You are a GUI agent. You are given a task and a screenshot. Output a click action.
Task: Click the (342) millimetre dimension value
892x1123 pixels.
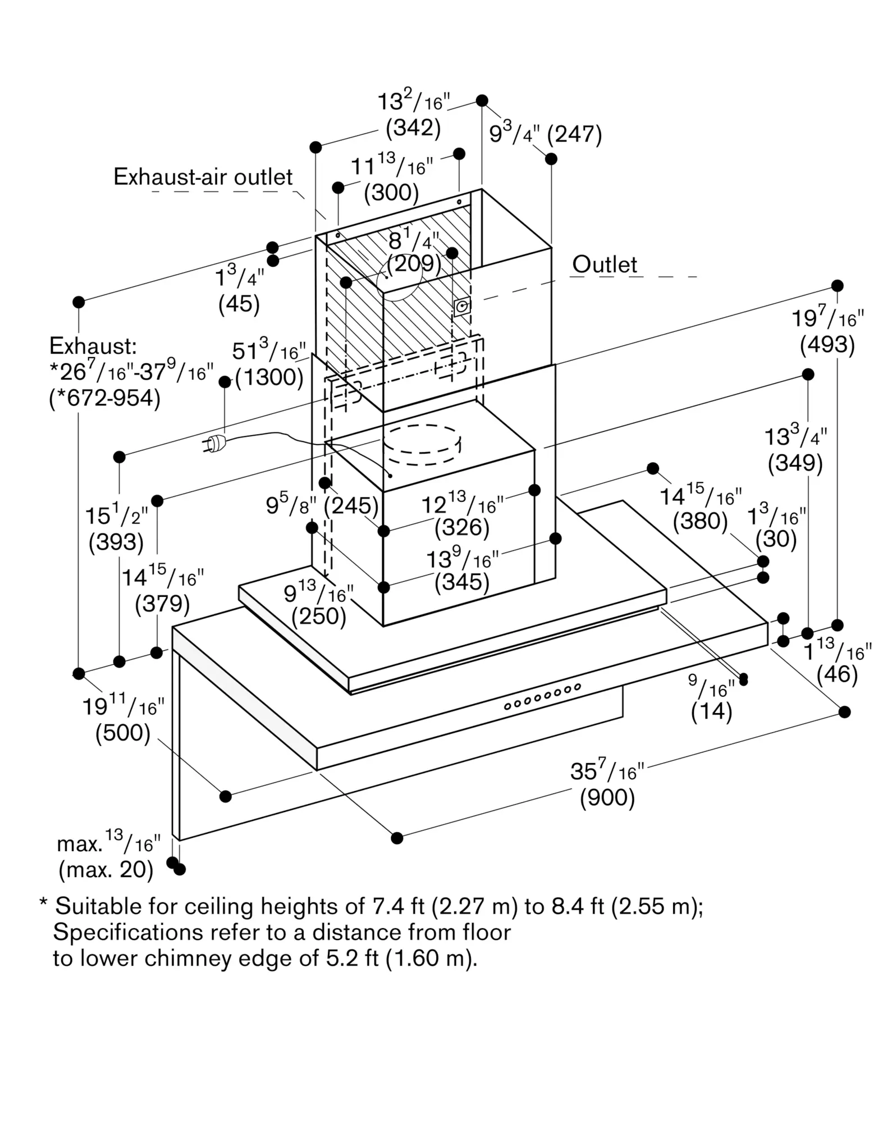(413, 128)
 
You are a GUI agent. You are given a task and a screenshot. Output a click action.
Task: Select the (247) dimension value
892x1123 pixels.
(574, 135)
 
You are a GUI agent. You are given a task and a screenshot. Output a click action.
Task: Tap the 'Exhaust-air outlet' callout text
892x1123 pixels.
(203, 177)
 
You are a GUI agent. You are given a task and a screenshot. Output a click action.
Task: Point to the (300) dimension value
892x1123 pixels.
(391, 193)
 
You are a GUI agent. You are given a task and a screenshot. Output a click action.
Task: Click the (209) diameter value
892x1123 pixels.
(414, 263)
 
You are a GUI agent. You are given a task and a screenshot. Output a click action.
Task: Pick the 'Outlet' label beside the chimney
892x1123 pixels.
(605, 264)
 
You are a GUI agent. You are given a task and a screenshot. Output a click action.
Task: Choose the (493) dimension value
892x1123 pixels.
(827, 344)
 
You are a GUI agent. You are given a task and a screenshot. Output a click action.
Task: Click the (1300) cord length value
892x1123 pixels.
(269, 377)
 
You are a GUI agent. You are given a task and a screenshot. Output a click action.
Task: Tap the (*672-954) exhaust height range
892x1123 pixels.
(105, 398)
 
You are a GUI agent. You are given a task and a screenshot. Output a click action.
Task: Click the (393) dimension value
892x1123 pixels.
(116, 542)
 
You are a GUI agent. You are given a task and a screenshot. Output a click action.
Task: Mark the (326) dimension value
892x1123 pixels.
(462, 527)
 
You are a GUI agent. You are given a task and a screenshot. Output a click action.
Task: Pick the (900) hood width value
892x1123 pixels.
(607, 798)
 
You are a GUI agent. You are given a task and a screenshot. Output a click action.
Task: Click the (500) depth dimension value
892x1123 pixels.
(123, 733)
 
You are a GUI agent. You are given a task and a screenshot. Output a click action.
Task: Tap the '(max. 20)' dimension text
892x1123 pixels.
(106, 870)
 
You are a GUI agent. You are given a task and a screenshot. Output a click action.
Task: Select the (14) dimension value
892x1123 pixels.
(711, 712)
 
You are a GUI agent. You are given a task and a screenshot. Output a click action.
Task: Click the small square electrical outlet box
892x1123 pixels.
(462, 307)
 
